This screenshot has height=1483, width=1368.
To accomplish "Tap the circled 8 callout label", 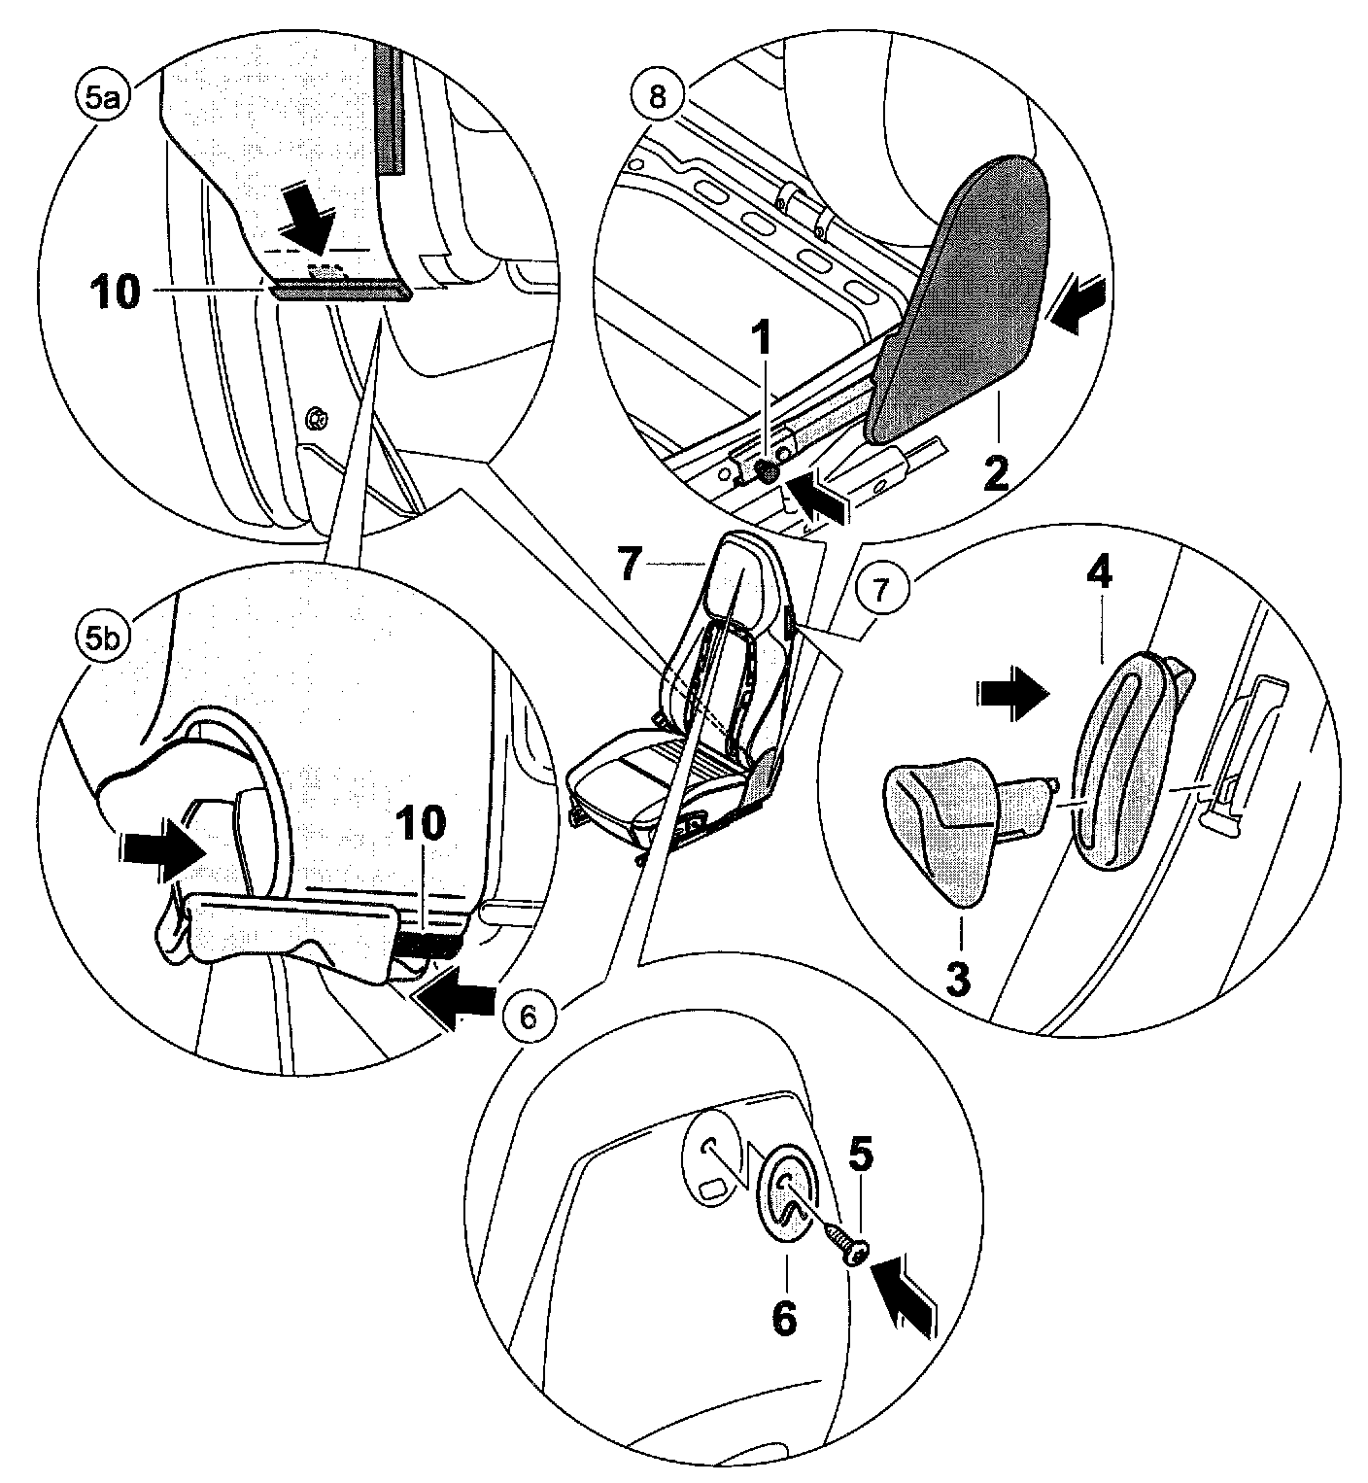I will (658, 96).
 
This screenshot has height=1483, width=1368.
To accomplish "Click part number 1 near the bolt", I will (762, 340).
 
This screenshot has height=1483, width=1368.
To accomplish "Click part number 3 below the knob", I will (958, 980).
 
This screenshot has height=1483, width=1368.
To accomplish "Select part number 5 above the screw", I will (862, 1154).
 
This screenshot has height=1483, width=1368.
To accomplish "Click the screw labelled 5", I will (844, 1244).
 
